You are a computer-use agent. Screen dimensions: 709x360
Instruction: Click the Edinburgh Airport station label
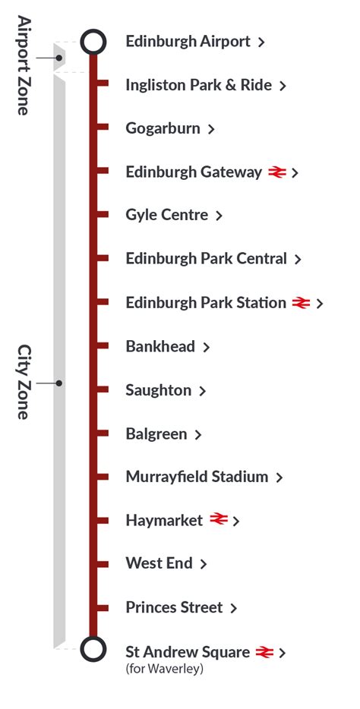click(x=188, y=42)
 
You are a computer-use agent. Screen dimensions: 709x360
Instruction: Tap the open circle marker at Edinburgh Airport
click(x=93, y=42)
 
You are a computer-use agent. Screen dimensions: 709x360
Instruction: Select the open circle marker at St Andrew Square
click(x=93, y=651)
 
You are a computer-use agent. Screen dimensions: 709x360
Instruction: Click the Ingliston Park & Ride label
click(x=198, y=85)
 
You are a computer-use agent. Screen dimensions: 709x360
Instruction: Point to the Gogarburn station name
click(x=163, y=128)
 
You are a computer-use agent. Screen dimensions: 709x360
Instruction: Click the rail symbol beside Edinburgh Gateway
click(x=276, y=172)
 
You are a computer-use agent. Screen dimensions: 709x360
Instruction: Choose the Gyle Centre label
click(x=166, y=216)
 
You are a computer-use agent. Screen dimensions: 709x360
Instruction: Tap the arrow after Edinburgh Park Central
click(x=298, y=260)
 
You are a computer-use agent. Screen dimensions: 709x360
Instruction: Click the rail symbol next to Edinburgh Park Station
click(x=301, y=303)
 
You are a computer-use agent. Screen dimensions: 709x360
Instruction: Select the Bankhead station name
click(x=160, y=347)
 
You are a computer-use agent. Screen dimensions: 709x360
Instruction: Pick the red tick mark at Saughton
click(x=103, y=390)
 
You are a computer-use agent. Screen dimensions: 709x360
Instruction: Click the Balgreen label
click(x=156, y=434)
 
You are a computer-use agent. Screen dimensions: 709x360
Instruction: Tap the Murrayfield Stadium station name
click(x=197, y=477)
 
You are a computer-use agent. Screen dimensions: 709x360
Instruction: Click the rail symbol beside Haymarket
click(x=219, y=520)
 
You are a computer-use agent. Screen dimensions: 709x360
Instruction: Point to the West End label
click(x=159, y=564)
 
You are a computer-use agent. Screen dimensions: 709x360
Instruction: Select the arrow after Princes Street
click(x=234, y=608)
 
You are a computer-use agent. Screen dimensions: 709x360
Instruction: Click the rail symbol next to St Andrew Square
click(x=264, y=651)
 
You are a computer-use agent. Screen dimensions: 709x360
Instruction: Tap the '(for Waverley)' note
click(x=164, y=670)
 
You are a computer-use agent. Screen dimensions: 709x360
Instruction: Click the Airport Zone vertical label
click(x=24, y=65)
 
